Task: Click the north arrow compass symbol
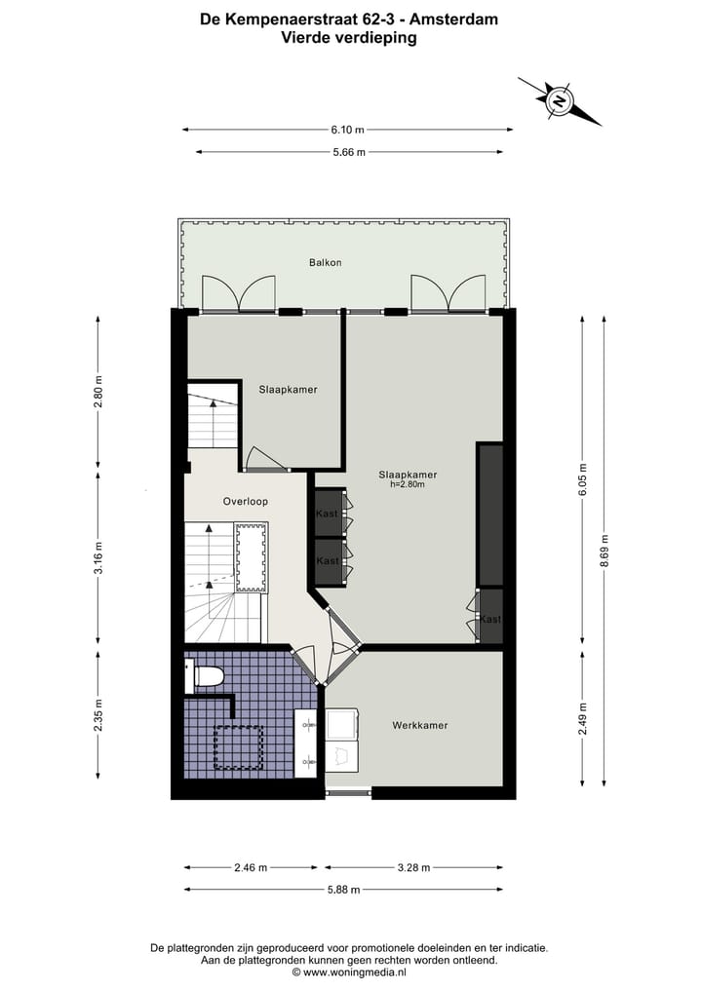(560, 100)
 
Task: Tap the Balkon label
(326, 262)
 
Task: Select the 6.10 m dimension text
(347, 130)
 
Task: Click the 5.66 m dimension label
(348, 152)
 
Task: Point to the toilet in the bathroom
(207, 675)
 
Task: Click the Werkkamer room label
(420, 725)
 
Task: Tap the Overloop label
(245, 501)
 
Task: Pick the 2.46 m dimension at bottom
(251, 866)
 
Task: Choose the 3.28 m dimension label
(413, 866)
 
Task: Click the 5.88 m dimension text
(342, 889)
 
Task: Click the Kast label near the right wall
(490, 620)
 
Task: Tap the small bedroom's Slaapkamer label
(288, 390)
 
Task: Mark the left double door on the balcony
(239, 292)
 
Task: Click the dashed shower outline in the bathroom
(239, 747)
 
